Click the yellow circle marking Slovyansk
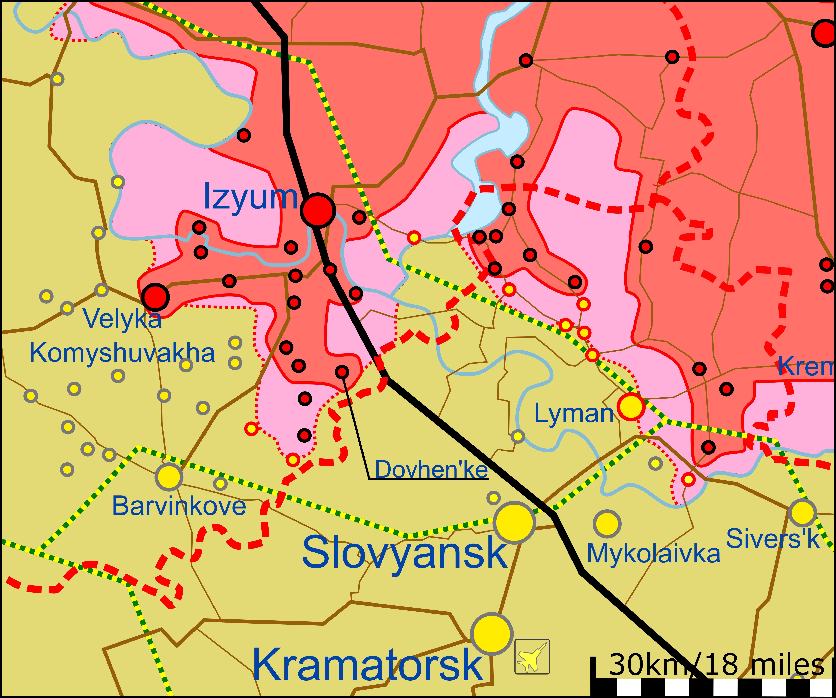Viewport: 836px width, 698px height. coord(514,522)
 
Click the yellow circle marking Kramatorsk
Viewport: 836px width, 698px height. coord(492,634)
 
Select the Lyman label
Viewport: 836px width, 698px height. coord(574,414)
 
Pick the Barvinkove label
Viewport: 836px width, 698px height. coord(179,506)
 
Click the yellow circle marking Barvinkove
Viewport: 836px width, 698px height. coord(169,477)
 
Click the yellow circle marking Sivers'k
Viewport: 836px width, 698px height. coord(802,513)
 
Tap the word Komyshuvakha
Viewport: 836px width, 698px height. coord(122,353)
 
